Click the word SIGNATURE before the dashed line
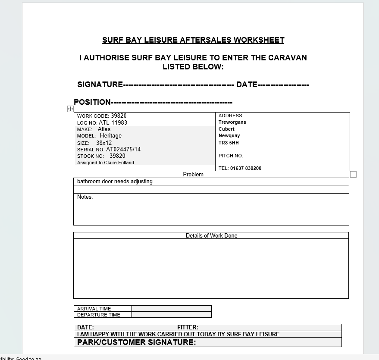coord(100,85)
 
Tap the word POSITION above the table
coord(92,102)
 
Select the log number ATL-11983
coord(113,122)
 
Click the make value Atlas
coord(104,129)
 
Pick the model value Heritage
coord(111,135)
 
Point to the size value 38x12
coord(104,143)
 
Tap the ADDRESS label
coord(231,116)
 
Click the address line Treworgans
coord(232,122)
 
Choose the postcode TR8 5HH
coord(229,143)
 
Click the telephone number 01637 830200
coord(246,168)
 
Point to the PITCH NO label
coord(231,156)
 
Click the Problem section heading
coord(193,174)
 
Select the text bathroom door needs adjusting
coord(115,182)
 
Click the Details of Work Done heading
coord(211,235)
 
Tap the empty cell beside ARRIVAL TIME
coord(171,308)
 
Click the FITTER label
coord(188,327)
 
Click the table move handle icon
coord(70,109)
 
